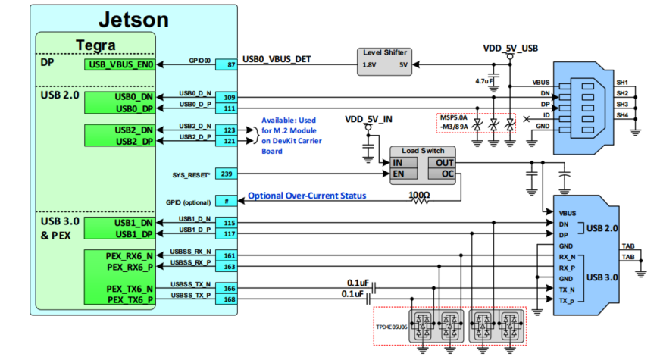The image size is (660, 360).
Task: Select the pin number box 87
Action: click(227, 66)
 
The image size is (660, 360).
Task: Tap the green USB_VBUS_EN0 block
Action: click(120, 66)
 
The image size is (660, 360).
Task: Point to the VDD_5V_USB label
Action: click(511, 48)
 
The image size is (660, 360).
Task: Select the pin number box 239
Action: click(227, 174)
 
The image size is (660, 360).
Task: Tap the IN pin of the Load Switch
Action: click(399, 163)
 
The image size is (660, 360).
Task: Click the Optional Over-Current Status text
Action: click(308, 196)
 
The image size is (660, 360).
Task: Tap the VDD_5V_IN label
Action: click(369, 119)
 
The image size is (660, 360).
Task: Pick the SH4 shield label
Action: click(622, 115)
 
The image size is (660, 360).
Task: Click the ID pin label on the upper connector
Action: click(544, 115)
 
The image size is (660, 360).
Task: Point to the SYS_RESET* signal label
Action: click(186, 174)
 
